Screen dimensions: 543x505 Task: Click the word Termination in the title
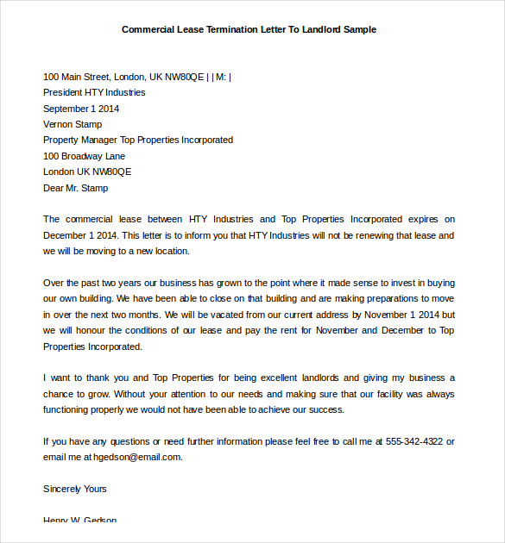click(x=228, y=29)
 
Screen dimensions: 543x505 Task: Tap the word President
click(x=63, y=92)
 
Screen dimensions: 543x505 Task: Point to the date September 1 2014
click(x=81, y=109)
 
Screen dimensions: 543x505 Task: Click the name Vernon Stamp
click(x=73, y=124)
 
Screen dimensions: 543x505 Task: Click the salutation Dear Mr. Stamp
click(x=76, y=187)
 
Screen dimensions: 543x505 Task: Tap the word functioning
click(x=67, y=409)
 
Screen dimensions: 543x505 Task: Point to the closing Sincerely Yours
click(x=75, y=489)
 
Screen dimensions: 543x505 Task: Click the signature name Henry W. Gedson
click(x=79, y=520)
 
